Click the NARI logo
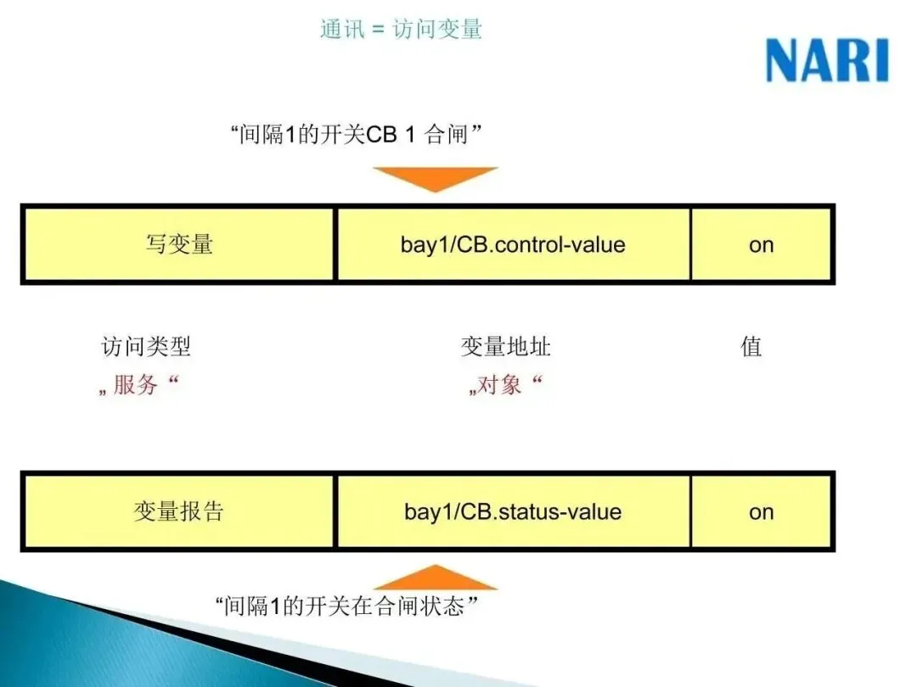pos(826,61)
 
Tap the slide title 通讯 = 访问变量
pos(401,30)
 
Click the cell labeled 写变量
pos(178,244)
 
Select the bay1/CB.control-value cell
pos(513,244)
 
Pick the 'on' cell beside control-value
pos(762,244)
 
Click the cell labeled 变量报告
pos(178,511)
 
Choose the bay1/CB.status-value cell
pos(513,511)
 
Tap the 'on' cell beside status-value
pos(762,511)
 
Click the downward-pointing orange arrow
pos(435,178)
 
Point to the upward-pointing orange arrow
pos(435,578)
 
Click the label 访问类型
pos(146,346)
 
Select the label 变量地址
pos(506,346)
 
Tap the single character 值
pos(751,346)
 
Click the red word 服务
pos(136,386)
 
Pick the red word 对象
pos(501,386)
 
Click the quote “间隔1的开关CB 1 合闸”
pos(357,134)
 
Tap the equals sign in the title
pos(379,31)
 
